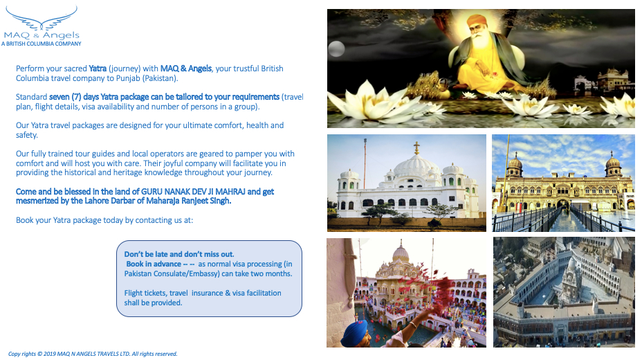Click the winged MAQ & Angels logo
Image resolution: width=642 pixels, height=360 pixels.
click(42, 24)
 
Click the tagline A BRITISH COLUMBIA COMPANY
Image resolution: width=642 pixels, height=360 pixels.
click(42, 44)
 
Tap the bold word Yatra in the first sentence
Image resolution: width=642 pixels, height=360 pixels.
click(98, 69)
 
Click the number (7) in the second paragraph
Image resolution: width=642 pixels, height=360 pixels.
click(76, 97)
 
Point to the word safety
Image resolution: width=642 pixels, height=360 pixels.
click(26, 135)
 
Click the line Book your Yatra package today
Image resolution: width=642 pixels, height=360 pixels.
click(104, 220)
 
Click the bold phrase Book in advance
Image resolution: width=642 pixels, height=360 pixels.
click(154, 264)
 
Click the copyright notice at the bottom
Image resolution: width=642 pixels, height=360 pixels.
click(93, 354)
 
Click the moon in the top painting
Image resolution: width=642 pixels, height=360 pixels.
click(336, 49)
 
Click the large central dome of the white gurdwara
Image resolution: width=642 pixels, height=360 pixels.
click(416, 165)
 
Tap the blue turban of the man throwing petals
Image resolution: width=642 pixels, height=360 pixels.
click(355, 332)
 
